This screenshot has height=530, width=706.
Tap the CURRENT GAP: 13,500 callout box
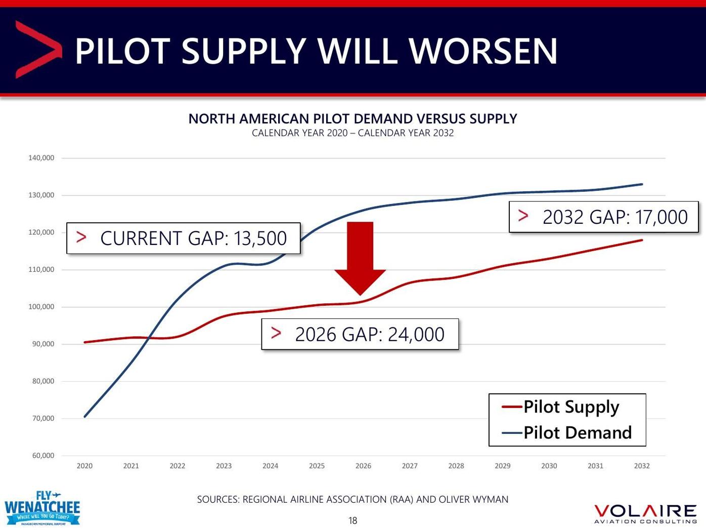(x=184, y=238)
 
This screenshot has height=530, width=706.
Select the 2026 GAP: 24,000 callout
(x=360, y=334)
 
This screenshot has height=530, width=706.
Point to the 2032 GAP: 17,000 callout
(x=603, y=217)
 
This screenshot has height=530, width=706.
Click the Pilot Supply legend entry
(x=561, y=406)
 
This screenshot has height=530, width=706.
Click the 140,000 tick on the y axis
(x=41, y=158)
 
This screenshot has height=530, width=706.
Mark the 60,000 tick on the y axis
(x=43, y=456)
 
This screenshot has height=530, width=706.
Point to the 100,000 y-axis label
(x=41, y=307)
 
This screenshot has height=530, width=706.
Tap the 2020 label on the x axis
(x=84, y=466)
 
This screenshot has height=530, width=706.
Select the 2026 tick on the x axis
(x=363, y=466)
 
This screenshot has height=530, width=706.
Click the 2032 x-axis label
(x=642, y=466)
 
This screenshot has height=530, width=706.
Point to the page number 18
(x=353, y=520)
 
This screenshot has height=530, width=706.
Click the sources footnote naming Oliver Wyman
(x=352, y=500)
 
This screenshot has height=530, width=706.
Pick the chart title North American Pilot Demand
(x=352, y=119)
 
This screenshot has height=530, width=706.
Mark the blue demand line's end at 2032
(x=642, y=184)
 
